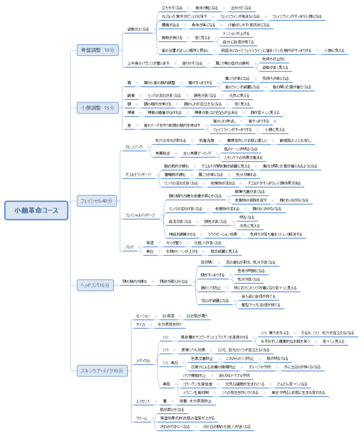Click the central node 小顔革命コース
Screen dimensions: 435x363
pos(37,210)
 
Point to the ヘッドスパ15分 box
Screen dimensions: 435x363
pos(95,285)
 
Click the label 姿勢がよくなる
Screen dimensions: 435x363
pos(138,29)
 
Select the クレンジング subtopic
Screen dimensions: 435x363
pos(134,146)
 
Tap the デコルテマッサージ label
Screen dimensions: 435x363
pos(139,174)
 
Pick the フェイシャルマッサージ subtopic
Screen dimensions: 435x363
pos(140,215)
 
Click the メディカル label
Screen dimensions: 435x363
pos(144,360)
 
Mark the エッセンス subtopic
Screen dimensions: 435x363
pos(143,400)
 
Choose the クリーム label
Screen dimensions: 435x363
pos(142,418)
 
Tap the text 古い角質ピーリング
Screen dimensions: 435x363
pos(197,153)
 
